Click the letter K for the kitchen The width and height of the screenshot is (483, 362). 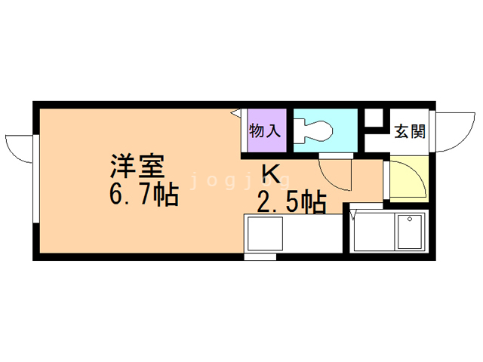272,173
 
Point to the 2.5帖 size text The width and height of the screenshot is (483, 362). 291,201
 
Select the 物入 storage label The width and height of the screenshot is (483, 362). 265,130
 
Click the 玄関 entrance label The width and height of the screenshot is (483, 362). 410,131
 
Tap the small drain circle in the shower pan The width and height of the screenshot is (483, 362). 411,221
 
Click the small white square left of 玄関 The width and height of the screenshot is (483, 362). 374,118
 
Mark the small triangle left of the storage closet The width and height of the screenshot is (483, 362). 235,113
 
